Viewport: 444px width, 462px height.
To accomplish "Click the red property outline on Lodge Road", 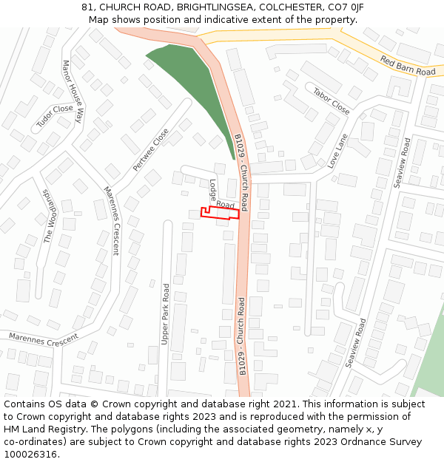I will pyautogui.click(x=221, y=213).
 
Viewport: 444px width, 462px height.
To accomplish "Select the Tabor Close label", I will pyautogui.click(x=331, y=101).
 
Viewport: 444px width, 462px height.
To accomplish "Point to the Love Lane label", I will pyautogui.click(x=337, y=151).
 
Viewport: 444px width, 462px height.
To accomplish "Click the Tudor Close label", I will pyautogui.click(x=55, y=118).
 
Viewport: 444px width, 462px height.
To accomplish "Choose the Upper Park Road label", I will pyautogui.click(x=166, y=314).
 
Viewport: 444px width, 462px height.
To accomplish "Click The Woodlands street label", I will pyautogui.click(x=50, y=215).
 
